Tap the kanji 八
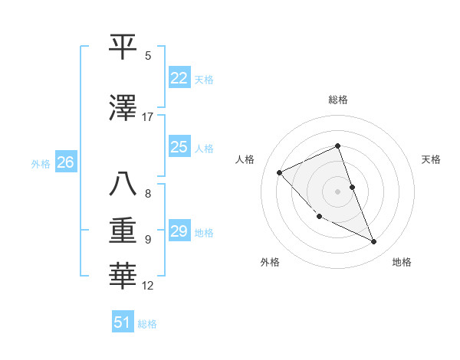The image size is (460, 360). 124,185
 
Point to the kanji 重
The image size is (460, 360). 124,230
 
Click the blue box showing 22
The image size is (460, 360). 179,78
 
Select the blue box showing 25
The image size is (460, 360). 179,147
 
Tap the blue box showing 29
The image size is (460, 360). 179,231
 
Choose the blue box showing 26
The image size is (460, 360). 65,162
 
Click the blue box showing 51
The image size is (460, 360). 123,322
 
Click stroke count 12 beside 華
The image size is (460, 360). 148,286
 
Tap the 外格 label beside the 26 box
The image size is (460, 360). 41,163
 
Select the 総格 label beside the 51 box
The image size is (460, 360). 147,324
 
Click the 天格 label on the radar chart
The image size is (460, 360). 432,159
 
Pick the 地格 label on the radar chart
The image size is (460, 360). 402,262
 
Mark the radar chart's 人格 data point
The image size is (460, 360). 280,172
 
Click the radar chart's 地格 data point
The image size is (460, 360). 374,242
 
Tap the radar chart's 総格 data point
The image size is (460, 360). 337,146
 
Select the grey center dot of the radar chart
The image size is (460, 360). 337,191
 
